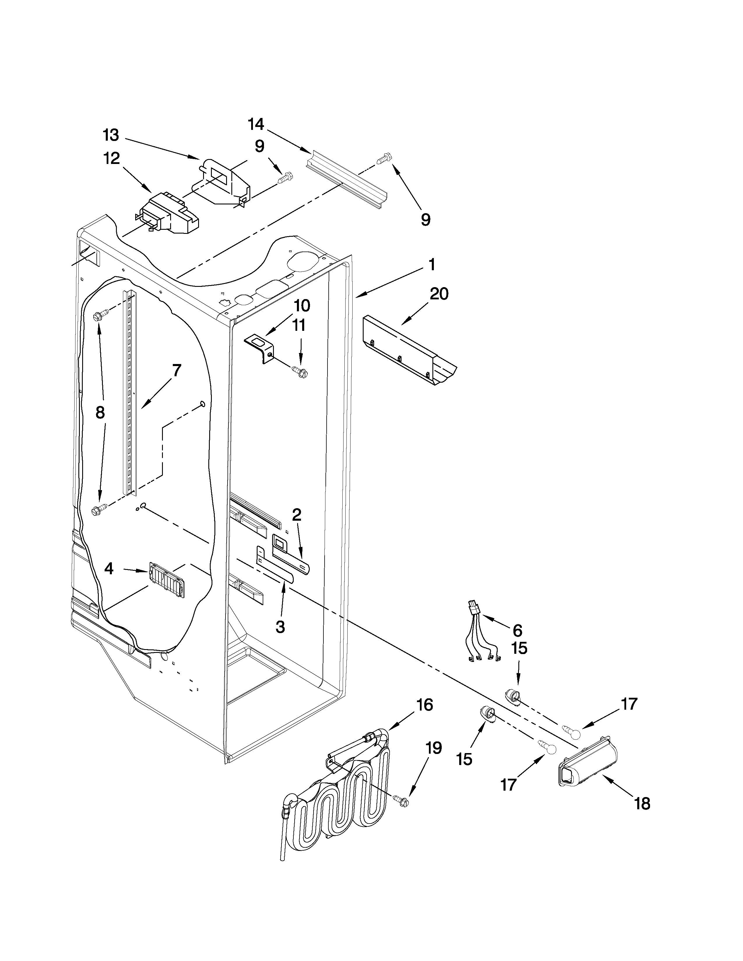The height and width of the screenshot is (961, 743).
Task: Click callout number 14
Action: pos(256,125)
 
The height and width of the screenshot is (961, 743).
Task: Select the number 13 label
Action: pos(111,135)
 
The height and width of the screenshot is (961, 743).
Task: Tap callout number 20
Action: pos(439,294)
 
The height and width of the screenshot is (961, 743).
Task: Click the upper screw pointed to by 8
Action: pos(98,316)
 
